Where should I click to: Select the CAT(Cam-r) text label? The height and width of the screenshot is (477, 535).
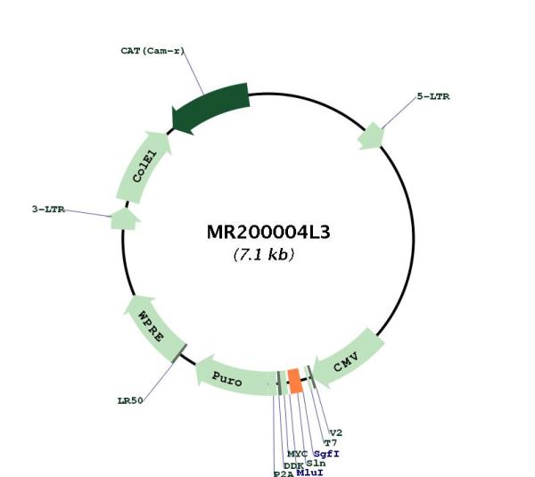point(152,51)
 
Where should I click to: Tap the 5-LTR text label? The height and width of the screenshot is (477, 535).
point(433,96)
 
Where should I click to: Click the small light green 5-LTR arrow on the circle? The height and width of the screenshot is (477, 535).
point(371,136)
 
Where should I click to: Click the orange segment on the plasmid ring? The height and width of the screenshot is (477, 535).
point(295,381)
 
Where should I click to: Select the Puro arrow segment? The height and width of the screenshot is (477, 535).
point(235,377)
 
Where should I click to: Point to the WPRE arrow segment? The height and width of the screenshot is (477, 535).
point(152,327)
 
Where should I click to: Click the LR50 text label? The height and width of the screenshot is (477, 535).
point(130,400)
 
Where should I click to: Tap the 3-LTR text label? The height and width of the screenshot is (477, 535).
point(48,210)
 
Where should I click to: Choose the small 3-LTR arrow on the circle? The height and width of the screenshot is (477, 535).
point(125,218)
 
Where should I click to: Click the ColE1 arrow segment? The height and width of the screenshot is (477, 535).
point(144,167)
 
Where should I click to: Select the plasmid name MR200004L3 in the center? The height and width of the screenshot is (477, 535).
point(268,233)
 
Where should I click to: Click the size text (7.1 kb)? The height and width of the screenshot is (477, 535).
point(263,254)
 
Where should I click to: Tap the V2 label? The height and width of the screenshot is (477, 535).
point(336,433)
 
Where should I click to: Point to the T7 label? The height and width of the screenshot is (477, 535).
point(330,443)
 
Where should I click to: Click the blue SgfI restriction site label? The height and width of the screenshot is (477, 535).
point(326,454)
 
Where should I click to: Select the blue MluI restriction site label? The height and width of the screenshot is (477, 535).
point(309,473)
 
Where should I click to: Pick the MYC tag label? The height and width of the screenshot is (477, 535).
point(297,454)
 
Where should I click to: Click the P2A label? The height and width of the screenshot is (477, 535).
point(284,473)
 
